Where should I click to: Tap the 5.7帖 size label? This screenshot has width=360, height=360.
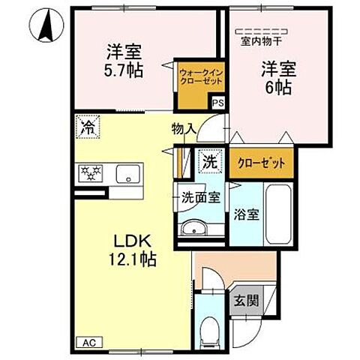[124, 69]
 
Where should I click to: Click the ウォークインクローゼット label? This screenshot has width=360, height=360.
[196, 77]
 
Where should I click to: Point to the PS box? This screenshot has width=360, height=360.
[217, 105]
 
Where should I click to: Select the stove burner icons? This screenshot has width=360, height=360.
[91, 174]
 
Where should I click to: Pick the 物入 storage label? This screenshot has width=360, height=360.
[183, 129]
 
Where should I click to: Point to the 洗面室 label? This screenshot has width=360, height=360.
[201, 197]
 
